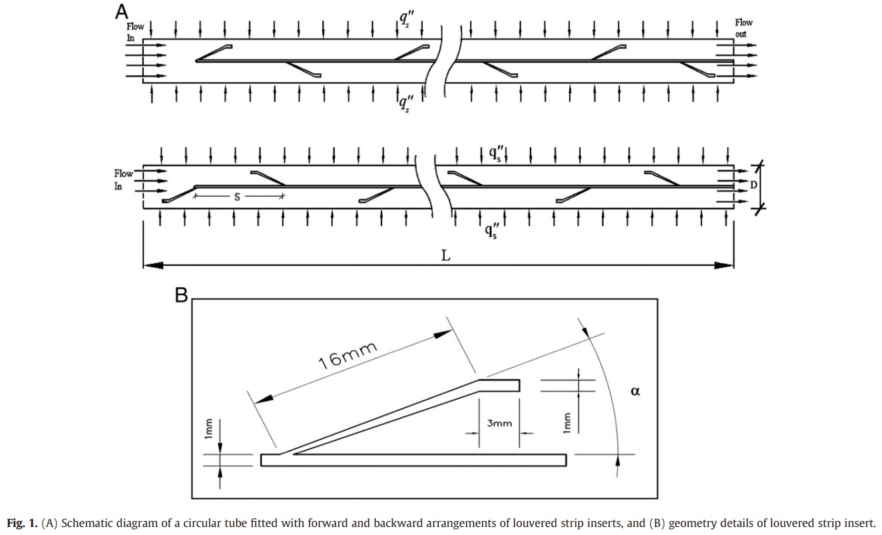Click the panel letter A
tap(121, 11)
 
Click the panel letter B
tap(181, 294)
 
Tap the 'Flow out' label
tap(744, 28)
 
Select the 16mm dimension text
tap(347, 356)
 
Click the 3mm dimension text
tap(499, 423)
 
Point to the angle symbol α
tap(635, 391)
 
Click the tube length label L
tap(445, 256)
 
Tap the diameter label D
tap(754, 185)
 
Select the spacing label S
tap(237, 197)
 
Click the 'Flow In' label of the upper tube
tap(135, 32)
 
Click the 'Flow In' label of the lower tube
tap(123, 180)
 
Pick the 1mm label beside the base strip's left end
tap(209, 428)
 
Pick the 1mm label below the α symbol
tap(566, 422)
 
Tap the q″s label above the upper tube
tap(406, 19)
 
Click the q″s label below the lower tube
tap(492, 231)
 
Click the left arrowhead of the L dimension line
tap(153, 265)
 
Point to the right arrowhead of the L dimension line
tap(724, 265)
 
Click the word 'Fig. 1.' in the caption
tap(22, 523)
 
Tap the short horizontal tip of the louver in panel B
tap(499, 385)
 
